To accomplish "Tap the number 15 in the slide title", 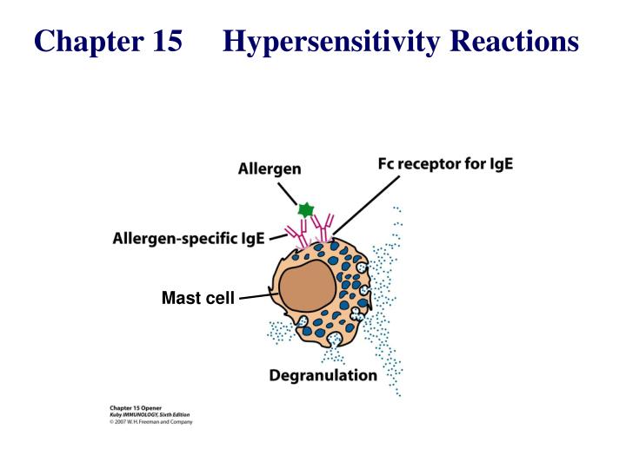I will pyautogui.click(x=161, y=41).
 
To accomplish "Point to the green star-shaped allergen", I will pyautogui.click(x=305, y=209).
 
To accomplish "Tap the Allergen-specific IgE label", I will pyautogui.click(x=189, y=238).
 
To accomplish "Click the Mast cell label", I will pyautogui.click(x=198, y=299).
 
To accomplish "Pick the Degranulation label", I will pyautogui.click(x=323, y=376).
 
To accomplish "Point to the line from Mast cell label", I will pyautogui.click(x=257, y=297).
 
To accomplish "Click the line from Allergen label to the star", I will pyautogui.click(x=290, y=193).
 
